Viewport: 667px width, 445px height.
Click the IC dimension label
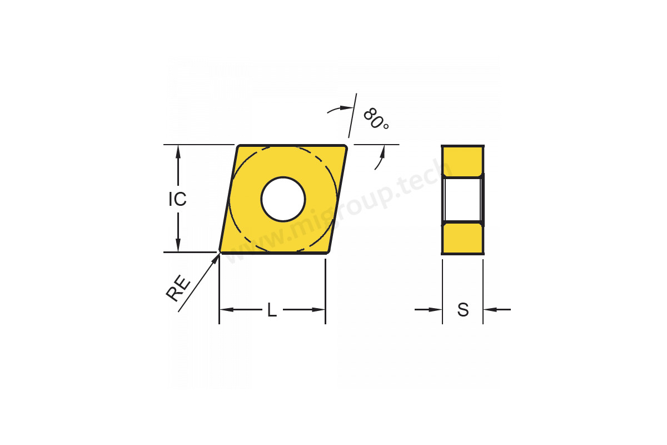[177, 199]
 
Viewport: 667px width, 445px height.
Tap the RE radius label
[178, 288]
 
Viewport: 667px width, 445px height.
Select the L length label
[272, 310]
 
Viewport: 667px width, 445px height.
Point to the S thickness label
[462, 310]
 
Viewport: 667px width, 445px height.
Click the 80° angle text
[376, 118]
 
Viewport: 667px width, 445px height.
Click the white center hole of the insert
[283, 199]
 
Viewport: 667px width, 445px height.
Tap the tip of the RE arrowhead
[220, 254]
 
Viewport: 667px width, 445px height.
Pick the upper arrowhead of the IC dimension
[178, 152]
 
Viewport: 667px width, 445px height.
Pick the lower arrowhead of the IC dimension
[178, 245]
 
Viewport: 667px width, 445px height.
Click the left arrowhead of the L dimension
[226, 310]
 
